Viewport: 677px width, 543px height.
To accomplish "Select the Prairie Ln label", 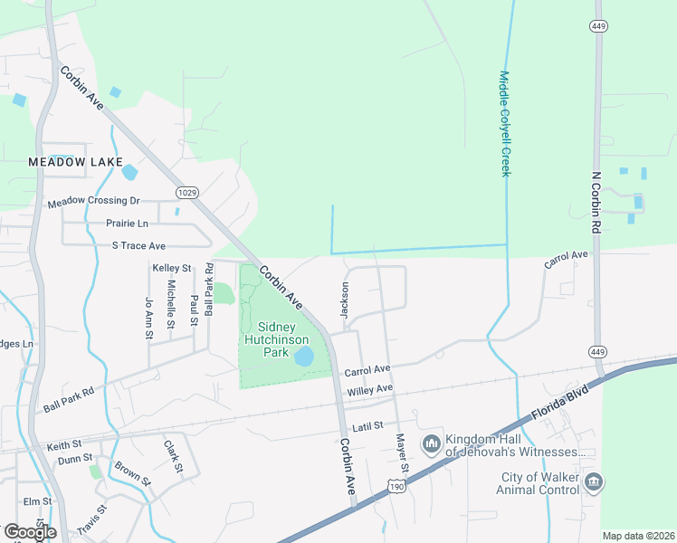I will point(126,223).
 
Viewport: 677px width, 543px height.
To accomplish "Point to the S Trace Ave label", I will point(138,245).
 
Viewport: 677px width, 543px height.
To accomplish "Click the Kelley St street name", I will point(172,268).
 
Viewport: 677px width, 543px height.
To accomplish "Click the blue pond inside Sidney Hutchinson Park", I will point(303,356).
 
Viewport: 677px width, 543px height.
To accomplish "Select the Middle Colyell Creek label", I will point(505,124).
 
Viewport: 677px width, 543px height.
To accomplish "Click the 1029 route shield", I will point(186,192).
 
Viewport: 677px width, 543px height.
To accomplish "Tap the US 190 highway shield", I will point(396,487).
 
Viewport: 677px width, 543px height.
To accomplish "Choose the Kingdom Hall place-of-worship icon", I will point(431,444).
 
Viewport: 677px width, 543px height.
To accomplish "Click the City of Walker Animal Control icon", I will point(594,481).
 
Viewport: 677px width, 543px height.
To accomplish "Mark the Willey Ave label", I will point(370,389).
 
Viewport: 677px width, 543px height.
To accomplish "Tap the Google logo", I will point(30,531).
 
